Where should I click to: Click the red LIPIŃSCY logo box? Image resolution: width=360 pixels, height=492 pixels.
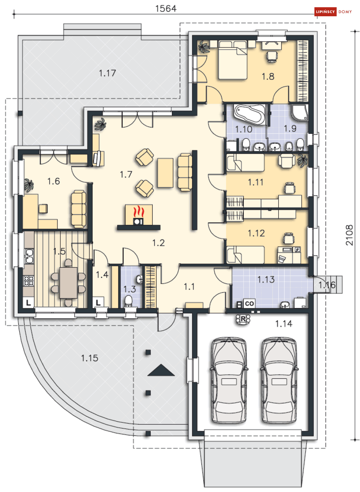coord(325,12)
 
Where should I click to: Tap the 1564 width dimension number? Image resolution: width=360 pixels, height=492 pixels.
coord(166,9)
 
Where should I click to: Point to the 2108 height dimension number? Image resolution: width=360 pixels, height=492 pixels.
coord(349,235)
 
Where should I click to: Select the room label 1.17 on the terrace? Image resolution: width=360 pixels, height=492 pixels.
coord(107,73)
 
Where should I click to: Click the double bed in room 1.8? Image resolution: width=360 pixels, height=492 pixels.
coord(233,60)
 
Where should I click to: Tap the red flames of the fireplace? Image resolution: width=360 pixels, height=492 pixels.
coord(139,211)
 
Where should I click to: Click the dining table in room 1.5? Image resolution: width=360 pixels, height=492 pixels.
coord(68,282)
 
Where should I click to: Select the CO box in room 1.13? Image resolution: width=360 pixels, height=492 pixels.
coord(249,303)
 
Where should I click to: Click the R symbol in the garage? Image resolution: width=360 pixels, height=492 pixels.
coord(243,319)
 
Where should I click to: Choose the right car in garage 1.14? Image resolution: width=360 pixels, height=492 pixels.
coord(279,380)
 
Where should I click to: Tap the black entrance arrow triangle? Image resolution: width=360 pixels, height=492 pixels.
coord(161,371)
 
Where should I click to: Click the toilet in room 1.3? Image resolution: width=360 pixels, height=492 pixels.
coord(128,301)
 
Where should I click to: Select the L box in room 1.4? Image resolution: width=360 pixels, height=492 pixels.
coord(98,303)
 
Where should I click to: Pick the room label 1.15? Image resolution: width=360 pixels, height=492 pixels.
coord(89,358)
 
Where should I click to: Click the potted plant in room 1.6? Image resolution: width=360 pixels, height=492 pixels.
coord(29,185)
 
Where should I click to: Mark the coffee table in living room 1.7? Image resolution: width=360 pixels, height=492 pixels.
coord(165,173)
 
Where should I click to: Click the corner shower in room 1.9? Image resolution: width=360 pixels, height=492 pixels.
coord(300,113)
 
